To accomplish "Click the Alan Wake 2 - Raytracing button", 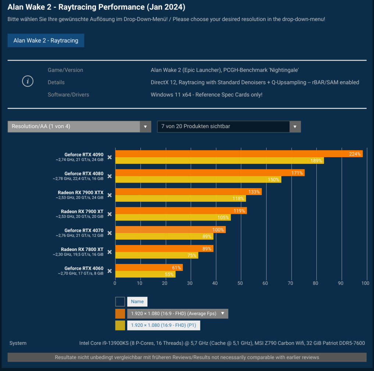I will pos(46,40).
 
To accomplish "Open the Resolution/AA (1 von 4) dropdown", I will pos(79,126).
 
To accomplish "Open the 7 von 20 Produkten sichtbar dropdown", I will pos(229,126).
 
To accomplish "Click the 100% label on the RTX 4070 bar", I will pos(218,230).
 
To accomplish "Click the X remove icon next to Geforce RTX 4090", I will pos(109,157).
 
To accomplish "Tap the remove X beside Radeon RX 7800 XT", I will pos(109,252).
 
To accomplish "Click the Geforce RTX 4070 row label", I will pos(84,230).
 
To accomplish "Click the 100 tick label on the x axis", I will pos(365,283).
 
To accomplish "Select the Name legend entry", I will pos(137,301).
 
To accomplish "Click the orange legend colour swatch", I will pos(120,314).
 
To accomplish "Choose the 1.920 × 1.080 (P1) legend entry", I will pos(164,325).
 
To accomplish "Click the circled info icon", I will pos(28,81).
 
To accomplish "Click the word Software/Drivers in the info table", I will pos(68,95).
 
